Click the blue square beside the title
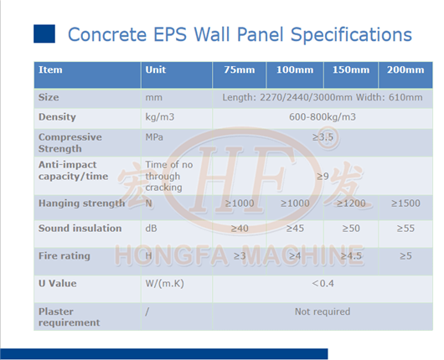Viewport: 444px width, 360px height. point(44,34)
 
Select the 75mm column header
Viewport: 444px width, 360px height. point(239,70)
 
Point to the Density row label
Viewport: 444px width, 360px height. point(57,117)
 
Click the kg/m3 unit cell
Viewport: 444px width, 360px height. point(160,117)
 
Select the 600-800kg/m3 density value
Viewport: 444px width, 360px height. point(323,117)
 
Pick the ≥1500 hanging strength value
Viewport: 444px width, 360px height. point(405,203)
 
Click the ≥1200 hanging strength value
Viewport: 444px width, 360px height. point(351,203)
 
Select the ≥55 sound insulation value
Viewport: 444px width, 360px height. point(405,229)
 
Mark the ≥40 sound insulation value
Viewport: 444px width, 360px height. point(239,229)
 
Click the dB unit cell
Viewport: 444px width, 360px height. point(152,229)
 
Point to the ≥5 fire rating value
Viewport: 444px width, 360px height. point(405,256)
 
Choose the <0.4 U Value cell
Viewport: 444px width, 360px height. point(323,284)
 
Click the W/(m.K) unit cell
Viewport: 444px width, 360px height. point(164,284)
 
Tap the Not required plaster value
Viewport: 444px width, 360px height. point(323,311)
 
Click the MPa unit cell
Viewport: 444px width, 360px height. point(154,136)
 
